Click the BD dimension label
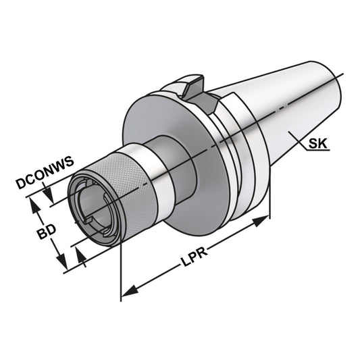tap(46, 232)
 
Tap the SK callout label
tap(317, 144)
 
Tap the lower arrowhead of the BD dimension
tap(61, 264)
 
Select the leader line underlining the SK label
tap(317, 151)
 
